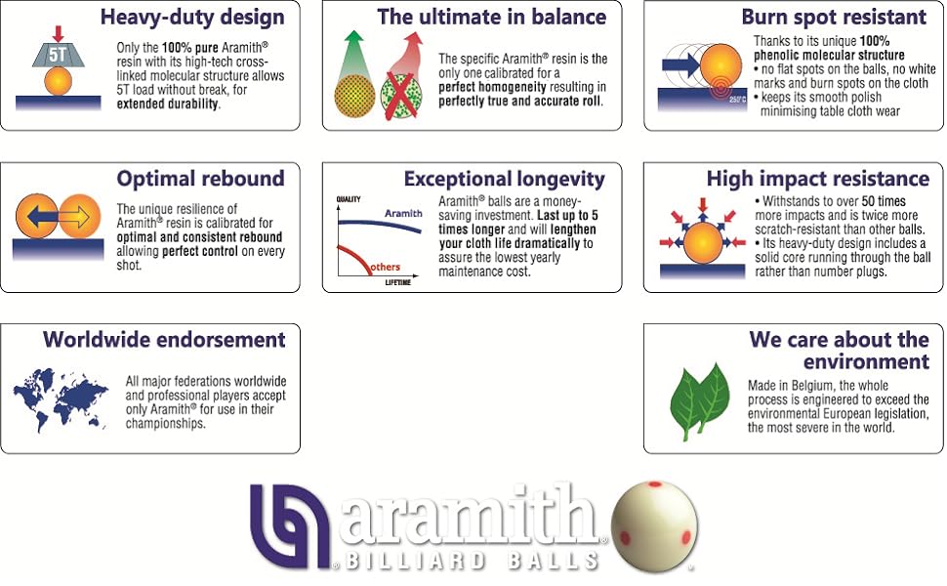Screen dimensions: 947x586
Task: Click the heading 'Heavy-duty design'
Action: [x=191, y=18]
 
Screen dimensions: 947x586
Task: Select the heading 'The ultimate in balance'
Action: [x=491, y=18]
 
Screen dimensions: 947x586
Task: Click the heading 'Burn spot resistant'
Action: [x=833, y=18]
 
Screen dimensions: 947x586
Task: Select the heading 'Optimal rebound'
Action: [x=200, y=179]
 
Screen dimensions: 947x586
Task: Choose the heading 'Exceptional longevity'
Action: [x=504, y=179]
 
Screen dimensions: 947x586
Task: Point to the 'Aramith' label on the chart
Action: [x=403, y=212]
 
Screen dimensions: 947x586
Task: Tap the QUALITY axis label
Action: [x=349, y=198]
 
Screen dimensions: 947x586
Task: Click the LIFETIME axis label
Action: [x=396, y=283]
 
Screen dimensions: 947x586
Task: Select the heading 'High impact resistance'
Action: [x=817, y=179]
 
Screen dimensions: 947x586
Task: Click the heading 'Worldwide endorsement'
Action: [x=164, y=340]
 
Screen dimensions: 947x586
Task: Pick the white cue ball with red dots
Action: [x=654, y=527]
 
